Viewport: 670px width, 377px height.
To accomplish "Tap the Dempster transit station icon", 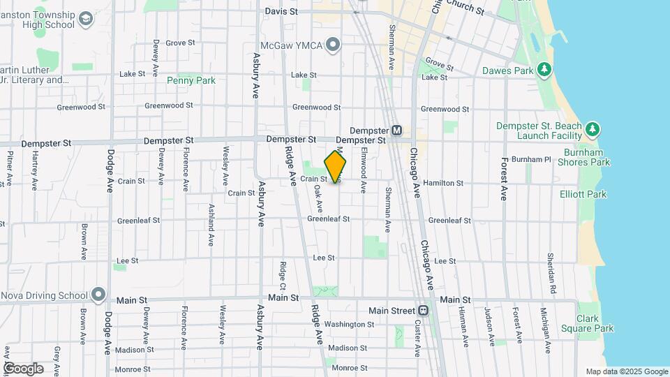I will pos(396,130).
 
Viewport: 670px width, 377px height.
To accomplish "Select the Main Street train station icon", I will pos(423,310).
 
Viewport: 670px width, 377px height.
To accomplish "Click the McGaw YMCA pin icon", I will pos(333,45).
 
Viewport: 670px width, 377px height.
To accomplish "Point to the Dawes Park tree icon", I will pos(544,71).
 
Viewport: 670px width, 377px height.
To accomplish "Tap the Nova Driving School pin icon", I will pos(98,295).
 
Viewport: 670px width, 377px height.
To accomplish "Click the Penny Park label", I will pos(191,80).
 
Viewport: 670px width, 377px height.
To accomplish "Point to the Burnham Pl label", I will pos(531,159).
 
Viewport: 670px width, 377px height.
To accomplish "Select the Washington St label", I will pos(349,324).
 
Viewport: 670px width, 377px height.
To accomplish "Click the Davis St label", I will pos(282,12).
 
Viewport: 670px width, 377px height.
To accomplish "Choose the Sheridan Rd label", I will pos(551,273).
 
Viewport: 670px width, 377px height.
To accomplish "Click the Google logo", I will pos(23,368).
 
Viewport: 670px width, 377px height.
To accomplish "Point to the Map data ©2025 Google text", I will pos(627,371).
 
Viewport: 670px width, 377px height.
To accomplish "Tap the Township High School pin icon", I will pos(87,18).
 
